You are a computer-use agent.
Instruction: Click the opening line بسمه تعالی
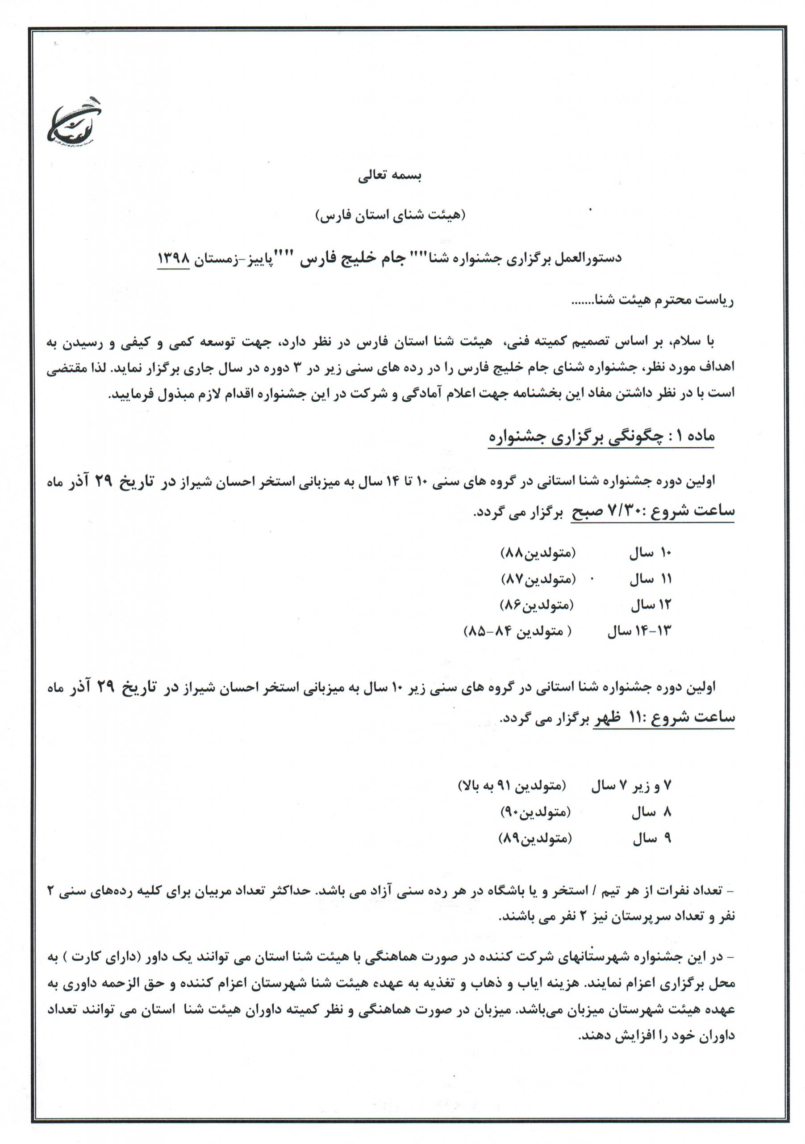pos(390,177)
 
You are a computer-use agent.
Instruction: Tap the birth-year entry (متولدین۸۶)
pos(537,606)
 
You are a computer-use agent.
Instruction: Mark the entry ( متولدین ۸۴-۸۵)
pos(518,632)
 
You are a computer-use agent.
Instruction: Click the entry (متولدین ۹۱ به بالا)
pos(512,787)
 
